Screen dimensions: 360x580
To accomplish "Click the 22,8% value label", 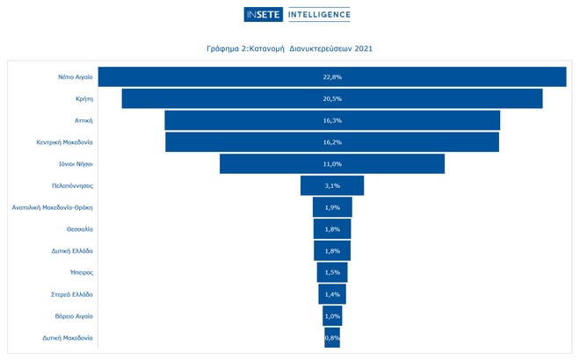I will [x=332, y=77].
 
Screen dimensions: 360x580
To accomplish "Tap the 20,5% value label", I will [x=332, y=98].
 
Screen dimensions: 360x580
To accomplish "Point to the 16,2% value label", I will [x=332, y=142].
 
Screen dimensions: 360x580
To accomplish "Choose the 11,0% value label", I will [x=332, y=164].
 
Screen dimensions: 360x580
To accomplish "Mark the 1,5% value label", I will [x=332, y=273].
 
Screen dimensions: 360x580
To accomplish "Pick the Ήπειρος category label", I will [x=81, y=273].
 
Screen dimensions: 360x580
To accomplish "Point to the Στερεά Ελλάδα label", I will [x=73, y=294].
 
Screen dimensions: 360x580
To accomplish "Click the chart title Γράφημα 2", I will [x=289, y=48].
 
